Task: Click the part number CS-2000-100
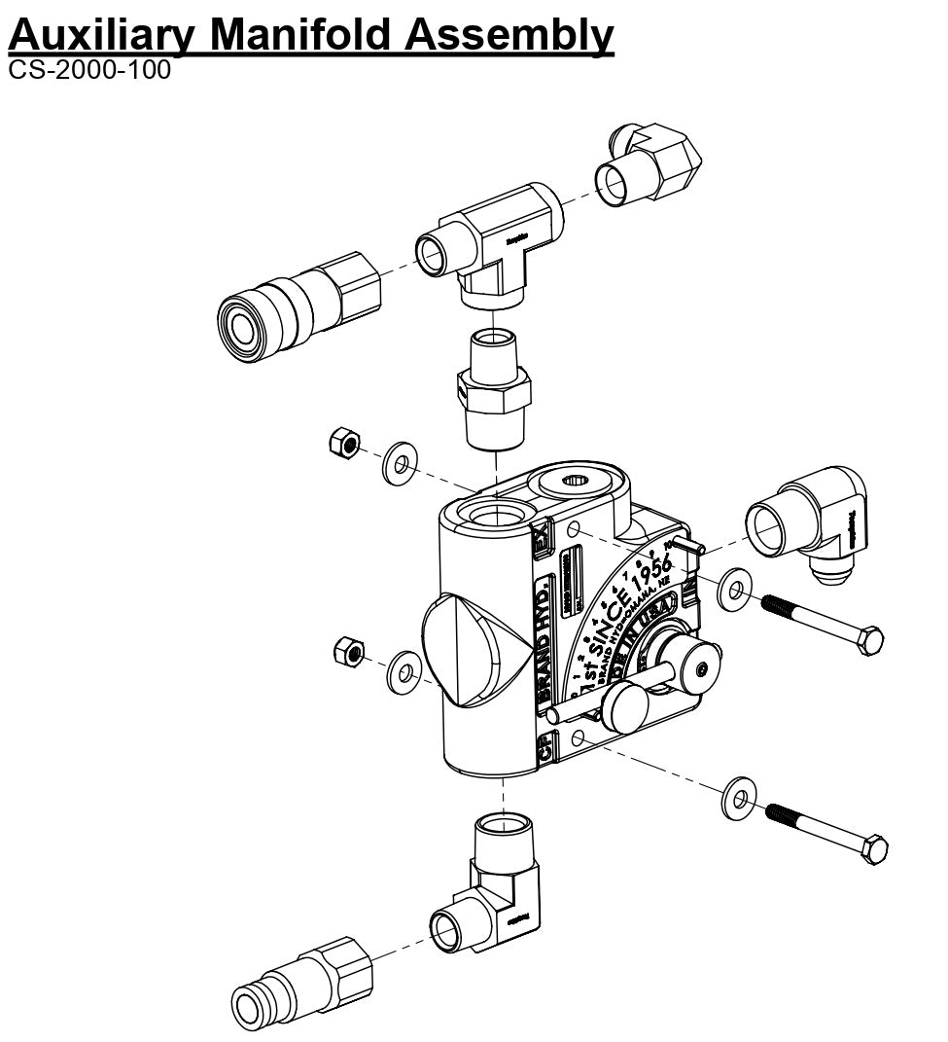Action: [x=88, y=71]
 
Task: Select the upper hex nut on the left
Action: [x=341, y=444]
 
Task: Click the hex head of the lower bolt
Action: [x=875, y=849]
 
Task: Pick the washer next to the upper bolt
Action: [x=735, y=590]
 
